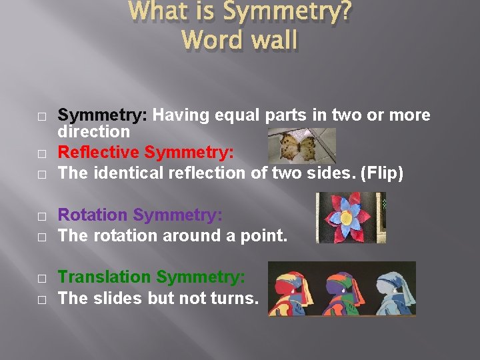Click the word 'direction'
coord(93,132)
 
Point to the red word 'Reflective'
coord(99,153)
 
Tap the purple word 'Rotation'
coord(93,215)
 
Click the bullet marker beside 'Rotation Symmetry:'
coord(41,216)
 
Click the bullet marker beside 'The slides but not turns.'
coord(41,299)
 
